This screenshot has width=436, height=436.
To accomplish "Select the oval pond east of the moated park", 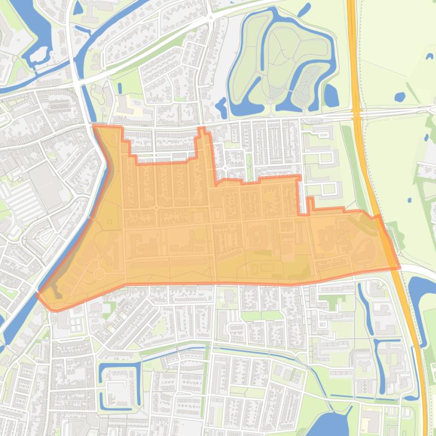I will [331, 95].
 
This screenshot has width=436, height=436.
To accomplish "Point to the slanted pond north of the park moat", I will [304, 10].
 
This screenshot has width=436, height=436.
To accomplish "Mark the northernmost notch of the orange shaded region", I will [202, 131].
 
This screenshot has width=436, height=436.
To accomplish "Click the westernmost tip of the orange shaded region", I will [39, 295].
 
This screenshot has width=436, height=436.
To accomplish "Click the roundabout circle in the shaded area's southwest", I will [99, 274].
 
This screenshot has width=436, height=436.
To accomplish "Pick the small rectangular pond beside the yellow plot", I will [120, 88].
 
